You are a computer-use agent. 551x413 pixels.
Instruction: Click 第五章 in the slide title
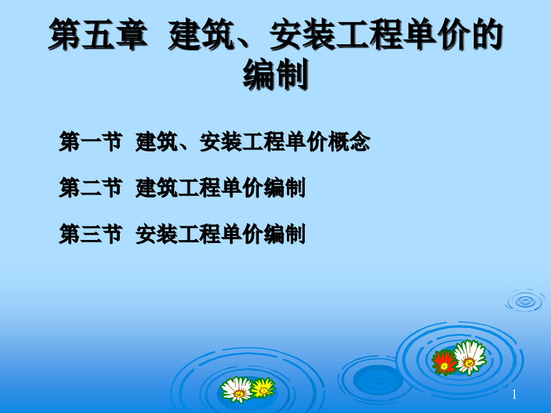click(98, 35)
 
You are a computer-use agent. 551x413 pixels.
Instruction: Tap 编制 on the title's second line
click(275, 75)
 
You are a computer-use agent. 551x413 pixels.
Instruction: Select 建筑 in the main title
click(193, 35)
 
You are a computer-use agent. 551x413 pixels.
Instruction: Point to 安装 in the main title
click(293, 35)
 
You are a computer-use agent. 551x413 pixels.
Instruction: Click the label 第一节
click(90, 142)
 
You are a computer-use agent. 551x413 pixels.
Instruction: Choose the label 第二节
click(90, 188)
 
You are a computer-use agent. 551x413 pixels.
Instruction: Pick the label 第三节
click(90, 234)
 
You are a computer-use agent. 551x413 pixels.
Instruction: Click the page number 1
click(514, 394)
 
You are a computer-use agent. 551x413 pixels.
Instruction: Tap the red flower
click(444, 362)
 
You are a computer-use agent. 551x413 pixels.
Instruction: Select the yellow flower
click(262, 388)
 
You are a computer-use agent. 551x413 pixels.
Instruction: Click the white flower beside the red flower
click(469, 357)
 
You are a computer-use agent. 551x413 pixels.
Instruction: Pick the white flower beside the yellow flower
click(237, 389)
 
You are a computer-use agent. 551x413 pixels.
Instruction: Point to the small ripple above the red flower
click(525, 300)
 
